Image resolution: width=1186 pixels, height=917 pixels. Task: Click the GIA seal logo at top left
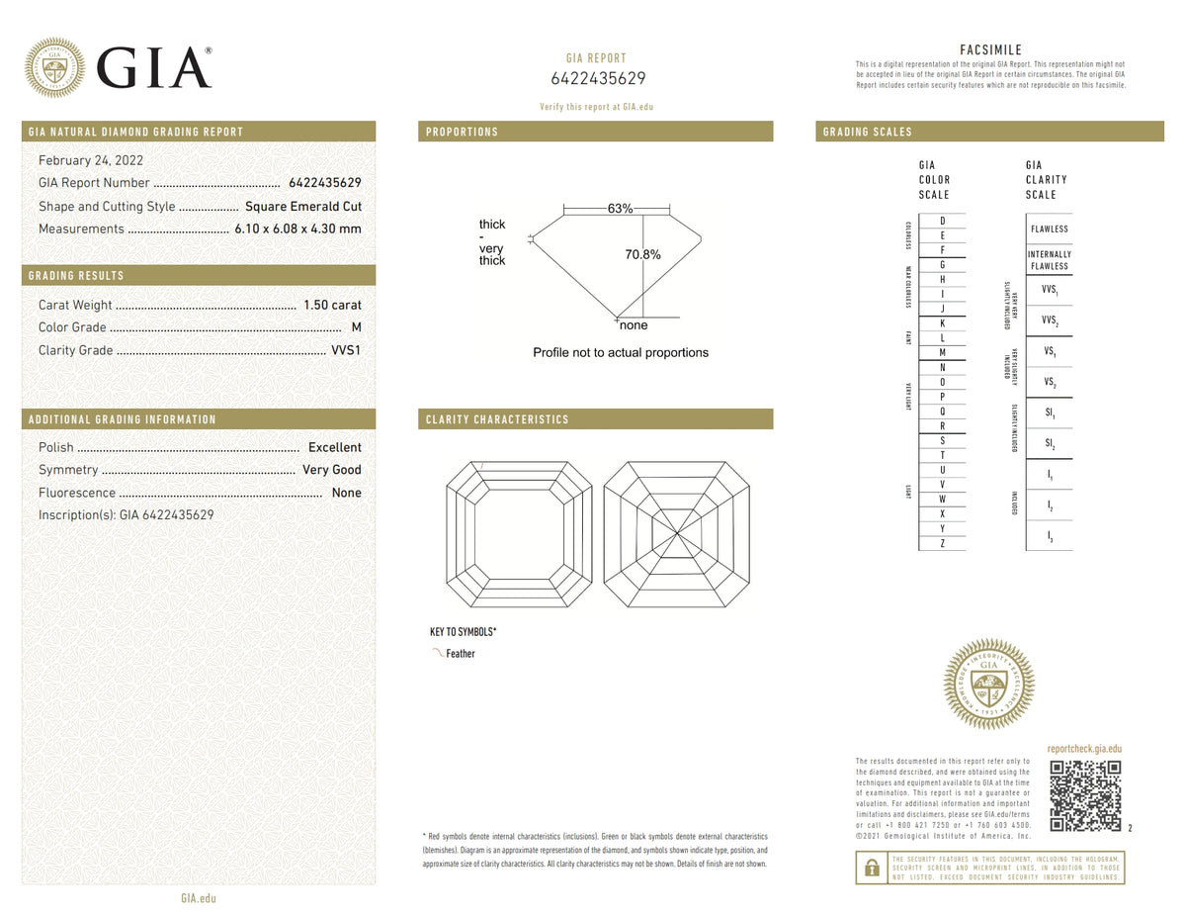[x=54, y=67]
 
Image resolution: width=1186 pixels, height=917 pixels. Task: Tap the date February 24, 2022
[x=89, y=160]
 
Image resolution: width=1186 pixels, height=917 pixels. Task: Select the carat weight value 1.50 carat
[x=332, y=305]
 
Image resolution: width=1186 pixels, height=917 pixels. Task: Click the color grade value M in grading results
[x=356, y=327]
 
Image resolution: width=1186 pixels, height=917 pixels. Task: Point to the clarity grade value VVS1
[x=345, y=350]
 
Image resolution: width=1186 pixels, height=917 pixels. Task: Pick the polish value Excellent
[x=334, y=447]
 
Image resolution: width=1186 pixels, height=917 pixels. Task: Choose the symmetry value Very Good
[x=331, y=470]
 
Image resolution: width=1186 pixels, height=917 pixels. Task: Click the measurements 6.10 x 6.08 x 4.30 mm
[x=297, y=229]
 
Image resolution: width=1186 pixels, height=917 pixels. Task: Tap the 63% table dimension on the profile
[x=620, y=209]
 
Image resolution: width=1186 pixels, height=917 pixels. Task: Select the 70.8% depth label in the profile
[x=642, y=255]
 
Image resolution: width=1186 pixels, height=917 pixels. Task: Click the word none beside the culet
[x=634, y=325]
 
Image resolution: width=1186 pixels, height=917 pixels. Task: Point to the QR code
[x=1084, y=796]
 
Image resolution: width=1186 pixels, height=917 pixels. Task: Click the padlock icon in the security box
[x=872, y=868]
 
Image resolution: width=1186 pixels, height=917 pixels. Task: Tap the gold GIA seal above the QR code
[x=989, y=684]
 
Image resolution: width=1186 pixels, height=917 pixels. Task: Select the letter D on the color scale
[x=942, y=221]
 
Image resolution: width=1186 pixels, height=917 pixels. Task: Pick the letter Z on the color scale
[x=942, y=543]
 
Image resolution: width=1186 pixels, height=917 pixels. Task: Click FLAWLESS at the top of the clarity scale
[x=1049, y=229]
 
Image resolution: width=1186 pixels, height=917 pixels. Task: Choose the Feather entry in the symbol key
[x=460, y=654]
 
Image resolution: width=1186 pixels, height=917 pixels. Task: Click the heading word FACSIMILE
[x=990, y=49]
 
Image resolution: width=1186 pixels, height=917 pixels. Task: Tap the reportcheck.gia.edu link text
[x=1084, y=750]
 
